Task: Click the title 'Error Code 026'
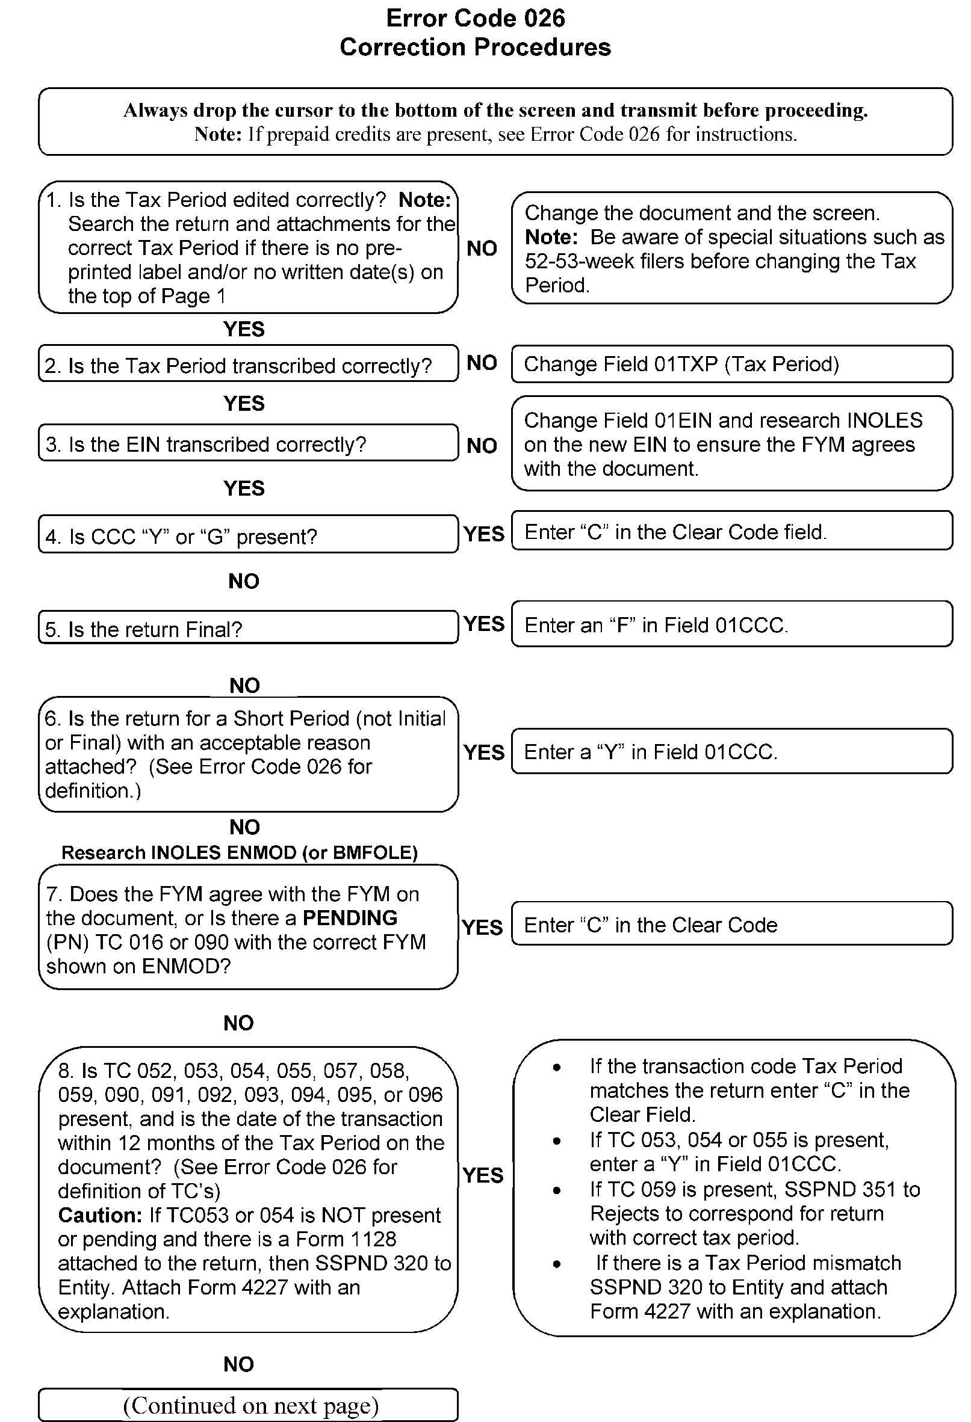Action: coord(475,19)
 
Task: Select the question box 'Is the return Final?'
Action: coord(248,628)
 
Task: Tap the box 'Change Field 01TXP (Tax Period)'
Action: coord(731,364)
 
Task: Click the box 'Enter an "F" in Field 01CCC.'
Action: coord(731,624)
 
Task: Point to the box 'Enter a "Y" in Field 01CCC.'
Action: coord(731,751)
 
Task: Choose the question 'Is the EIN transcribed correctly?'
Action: coord(248,443)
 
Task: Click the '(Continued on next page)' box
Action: coord(248,1405)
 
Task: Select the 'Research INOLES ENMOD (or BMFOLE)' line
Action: coord(240,852)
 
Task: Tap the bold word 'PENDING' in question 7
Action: coord(350,918)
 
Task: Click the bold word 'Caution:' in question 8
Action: coord(100,1214)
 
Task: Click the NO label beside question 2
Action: coord(482,363)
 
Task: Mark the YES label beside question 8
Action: coord(483,1175)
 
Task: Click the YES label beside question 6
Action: coord(483,752)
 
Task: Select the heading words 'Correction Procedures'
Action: coord(475,47)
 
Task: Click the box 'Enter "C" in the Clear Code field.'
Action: coord(731,531)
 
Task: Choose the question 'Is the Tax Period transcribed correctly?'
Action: coord(248,365)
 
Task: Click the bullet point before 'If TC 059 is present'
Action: coord(556,1190)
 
